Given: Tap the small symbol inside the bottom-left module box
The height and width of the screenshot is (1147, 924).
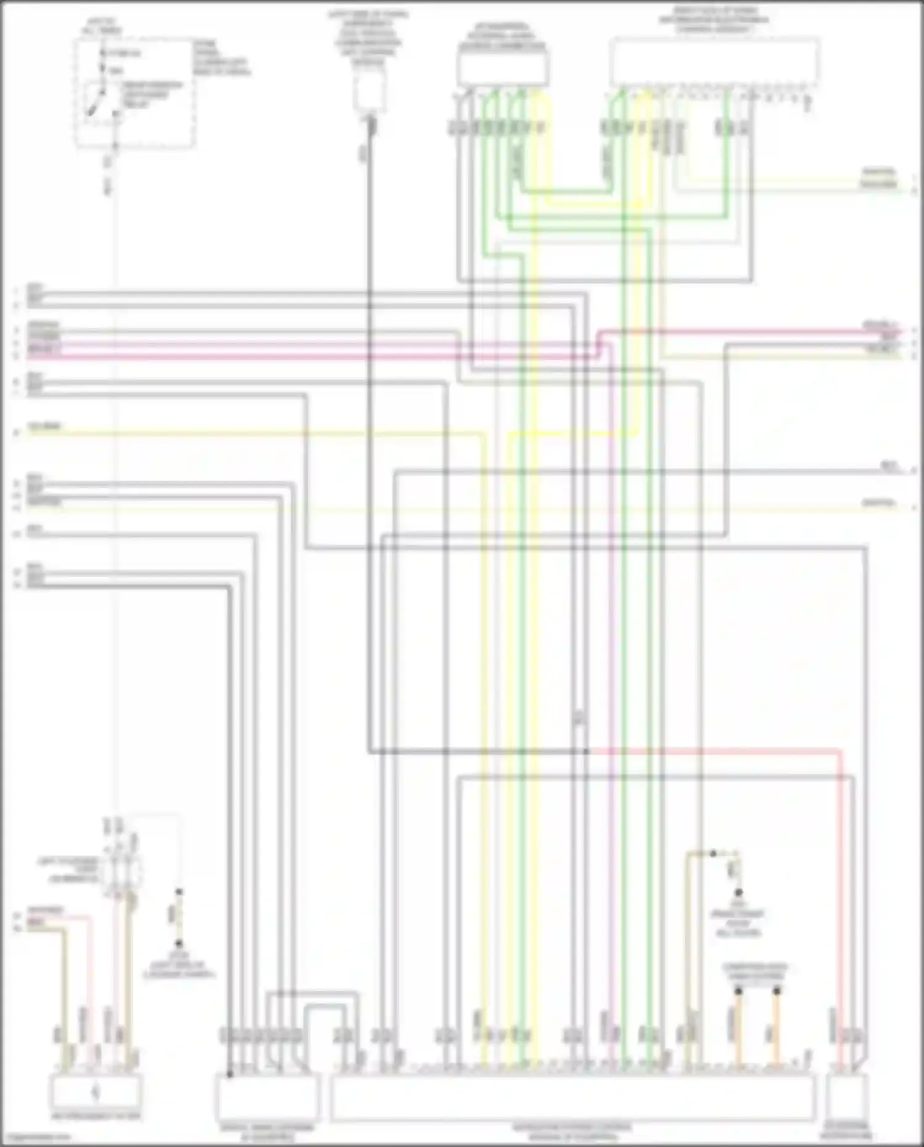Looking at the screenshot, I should (x=95, y=1093).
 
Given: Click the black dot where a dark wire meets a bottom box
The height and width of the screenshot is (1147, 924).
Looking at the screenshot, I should (x=229, y=1074).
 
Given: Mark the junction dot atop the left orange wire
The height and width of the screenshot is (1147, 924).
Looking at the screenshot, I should (x=737, y=991).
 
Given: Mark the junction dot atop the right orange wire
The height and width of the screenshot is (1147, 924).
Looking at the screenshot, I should (x=777, y=991).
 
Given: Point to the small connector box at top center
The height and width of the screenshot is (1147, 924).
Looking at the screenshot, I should (x=370, y=89).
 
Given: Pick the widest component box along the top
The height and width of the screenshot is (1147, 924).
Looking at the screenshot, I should (x=715, y=62).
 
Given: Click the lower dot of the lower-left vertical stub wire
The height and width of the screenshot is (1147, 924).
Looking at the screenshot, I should (x=179, y=944).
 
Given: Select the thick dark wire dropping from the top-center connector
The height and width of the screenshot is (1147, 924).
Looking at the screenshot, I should (x=370, y=431).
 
